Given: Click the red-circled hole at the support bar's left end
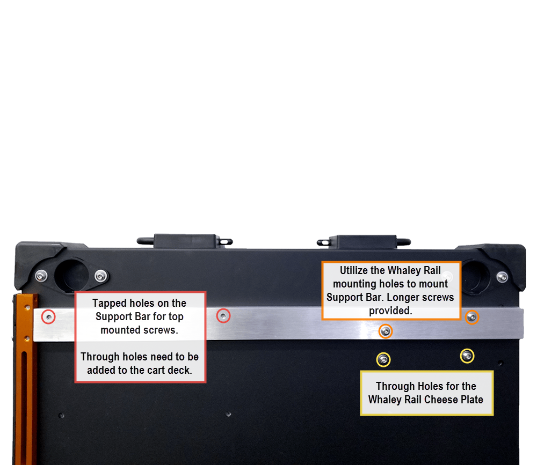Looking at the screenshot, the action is click(49, 317).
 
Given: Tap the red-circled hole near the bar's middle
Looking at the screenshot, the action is click(223, 316).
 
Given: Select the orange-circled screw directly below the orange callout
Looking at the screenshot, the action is click(386, 331).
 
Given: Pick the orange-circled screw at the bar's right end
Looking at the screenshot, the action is click(472, 317).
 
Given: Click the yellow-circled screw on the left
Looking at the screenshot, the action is click(383, 360).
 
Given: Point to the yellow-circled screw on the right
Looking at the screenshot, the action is click(467, 356).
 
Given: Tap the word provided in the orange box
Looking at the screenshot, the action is click(390, 311).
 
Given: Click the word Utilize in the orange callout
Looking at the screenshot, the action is click(354, 270).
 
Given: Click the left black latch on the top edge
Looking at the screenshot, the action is click(185, 241).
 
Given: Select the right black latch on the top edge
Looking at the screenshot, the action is click(364, 242).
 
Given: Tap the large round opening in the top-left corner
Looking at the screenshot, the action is click(71, 276).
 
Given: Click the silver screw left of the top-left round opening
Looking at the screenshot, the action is click(41, 276).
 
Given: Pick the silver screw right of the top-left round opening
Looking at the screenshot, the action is click(101, 276).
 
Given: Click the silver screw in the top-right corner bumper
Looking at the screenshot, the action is click(502, 277).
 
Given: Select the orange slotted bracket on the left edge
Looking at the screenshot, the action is click(25, 379).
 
